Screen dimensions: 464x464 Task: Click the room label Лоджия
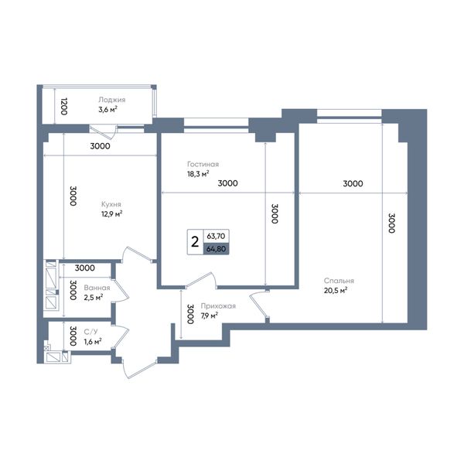click(x=112, y=100)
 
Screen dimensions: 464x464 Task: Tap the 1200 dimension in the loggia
click(x=64, y=106)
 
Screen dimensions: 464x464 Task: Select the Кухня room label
click(x=111, y=204)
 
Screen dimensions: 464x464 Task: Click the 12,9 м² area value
click(x=112, y=213)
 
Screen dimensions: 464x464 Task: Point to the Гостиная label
click(x=203, y=164)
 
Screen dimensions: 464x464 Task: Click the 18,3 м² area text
click(x=198, y=174)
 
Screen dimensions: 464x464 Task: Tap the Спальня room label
click(x=339, y=281)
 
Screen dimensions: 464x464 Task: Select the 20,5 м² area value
click(x=336, y=290)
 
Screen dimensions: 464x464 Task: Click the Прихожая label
click(x=218, y=306)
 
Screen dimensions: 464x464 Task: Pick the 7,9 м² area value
click(x=210, y=316)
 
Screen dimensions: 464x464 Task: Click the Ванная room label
click(x=97, y=288)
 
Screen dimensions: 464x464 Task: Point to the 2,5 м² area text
click(x=94, y=298)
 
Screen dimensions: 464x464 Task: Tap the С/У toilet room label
click(x=90, y=332)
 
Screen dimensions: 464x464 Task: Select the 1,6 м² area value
click(x=93, y=342)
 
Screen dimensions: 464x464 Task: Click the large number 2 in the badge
click(x=195, y=242)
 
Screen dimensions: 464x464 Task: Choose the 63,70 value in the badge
click(x=216, y=236)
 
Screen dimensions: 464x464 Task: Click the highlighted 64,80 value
click(x=216, y=249)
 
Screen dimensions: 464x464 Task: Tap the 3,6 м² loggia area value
click(x=107, y=110)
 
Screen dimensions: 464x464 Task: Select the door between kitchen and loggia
click(x=102, y=132)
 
